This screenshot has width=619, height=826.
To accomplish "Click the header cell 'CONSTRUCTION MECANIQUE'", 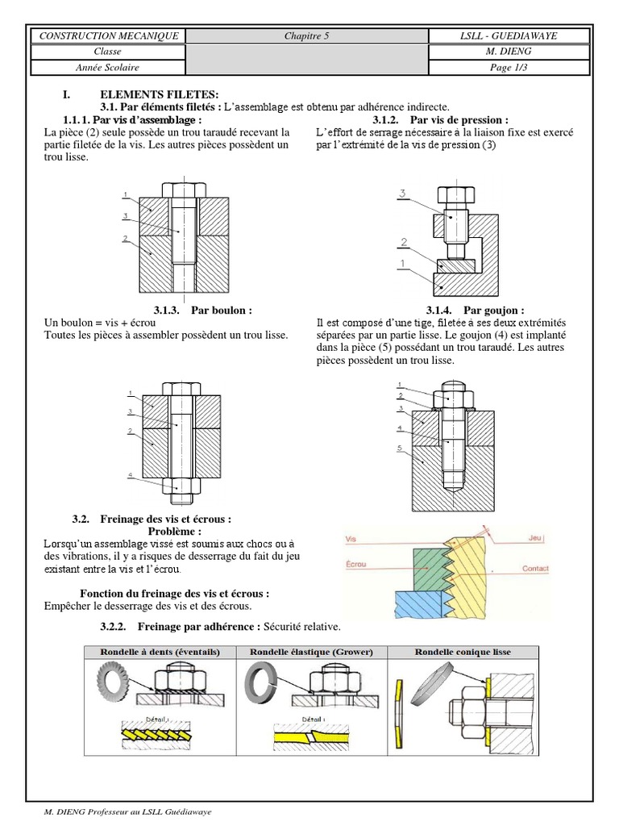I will tap(106, 36).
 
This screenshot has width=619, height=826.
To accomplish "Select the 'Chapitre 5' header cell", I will tap(306, 36).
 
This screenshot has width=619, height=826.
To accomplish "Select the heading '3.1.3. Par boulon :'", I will tap(202, 310).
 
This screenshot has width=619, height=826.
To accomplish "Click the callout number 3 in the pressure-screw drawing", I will tap(403, 193).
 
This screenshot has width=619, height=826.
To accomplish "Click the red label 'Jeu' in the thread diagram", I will tap(535, 536).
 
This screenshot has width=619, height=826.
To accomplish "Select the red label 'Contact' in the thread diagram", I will tap(536, 569).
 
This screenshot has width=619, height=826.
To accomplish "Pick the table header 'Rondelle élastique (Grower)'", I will tap(312, 651).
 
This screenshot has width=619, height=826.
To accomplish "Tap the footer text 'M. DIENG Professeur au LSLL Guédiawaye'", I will tap(128, 812).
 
